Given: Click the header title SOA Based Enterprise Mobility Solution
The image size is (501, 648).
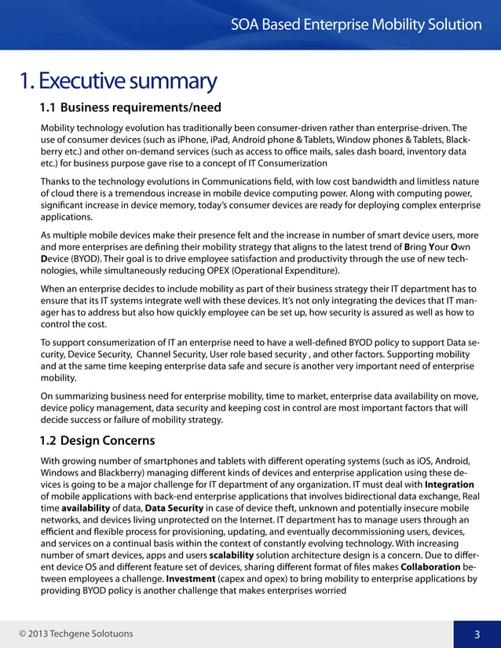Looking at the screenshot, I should coord(357,24).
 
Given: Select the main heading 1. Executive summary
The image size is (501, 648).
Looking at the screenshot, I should coord(118,81).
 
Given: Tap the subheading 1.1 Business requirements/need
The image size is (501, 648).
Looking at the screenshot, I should coord(130,107).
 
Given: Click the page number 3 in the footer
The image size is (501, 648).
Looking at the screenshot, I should coord(477,634).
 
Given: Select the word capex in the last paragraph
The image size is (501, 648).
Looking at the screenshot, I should coord(240,580).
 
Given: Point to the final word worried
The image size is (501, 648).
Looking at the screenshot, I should coord(328,591).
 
